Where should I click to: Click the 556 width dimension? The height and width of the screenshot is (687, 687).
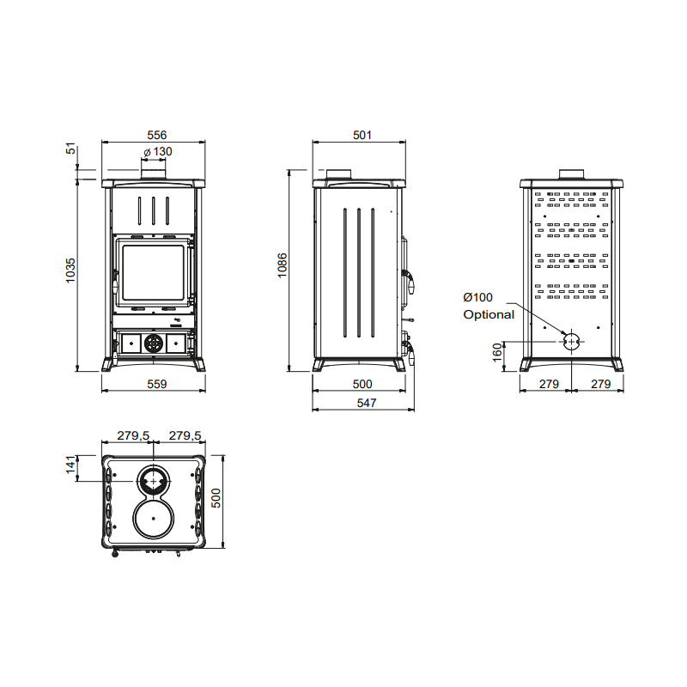[155, 135]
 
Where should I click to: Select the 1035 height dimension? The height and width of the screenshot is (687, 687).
[71, 271]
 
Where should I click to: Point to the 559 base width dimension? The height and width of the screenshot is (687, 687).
[155, 384]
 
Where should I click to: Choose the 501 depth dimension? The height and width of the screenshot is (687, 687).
[361, 135]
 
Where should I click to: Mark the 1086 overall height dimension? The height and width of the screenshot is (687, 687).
[283, 267]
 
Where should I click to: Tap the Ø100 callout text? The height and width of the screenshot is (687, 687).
[479, 297]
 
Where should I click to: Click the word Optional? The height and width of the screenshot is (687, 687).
[489, 314]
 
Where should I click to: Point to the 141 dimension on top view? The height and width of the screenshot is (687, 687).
[71, 466]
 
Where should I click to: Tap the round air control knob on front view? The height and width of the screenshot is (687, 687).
[153, 343]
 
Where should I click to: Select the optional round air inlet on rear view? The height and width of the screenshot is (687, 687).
[571, 342]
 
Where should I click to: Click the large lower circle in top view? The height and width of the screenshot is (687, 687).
[155, 520]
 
